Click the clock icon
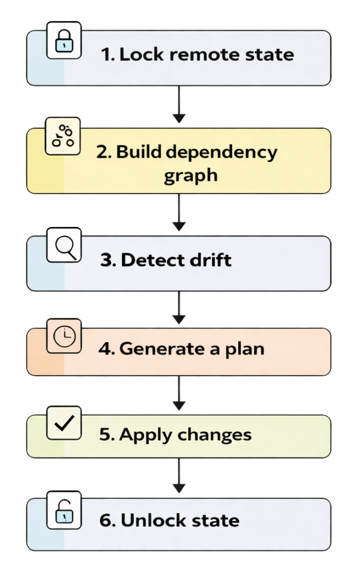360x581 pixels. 64,337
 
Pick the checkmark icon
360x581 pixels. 64,424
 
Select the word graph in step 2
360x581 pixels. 190,175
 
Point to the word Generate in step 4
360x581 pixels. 154,348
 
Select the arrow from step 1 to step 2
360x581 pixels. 179,105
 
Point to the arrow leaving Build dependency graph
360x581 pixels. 179,212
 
